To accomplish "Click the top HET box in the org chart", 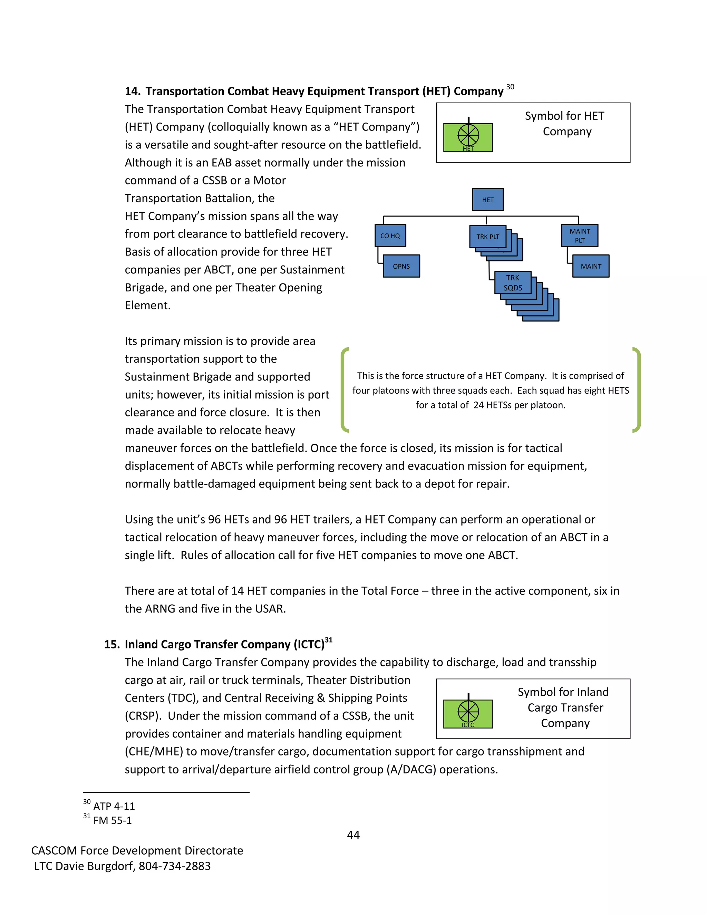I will click(x=487, y=200).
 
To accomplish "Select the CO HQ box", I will click(x=390, y=236).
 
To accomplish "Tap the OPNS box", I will click(x=401, y=266).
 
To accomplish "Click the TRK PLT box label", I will click(x=487, y=237).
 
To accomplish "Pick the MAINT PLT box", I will click(x=579, y=235).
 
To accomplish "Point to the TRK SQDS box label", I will click(x=512, y=283).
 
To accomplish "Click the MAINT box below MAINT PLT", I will click(x=591, y=266).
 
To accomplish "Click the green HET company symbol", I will click(x=468, y=137).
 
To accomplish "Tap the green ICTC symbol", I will click(x=468, y=714).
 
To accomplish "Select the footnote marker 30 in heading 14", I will click(x=510, y=87).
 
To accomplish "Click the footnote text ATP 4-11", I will click(x=114, y=806).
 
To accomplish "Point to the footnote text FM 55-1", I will click(x=112, y=820).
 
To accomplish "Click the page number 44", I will click(x=353, y=835).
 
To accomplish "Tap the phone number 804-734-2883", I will click(x=175, y=866).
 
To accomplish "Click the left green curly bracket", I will click(x=344, y=389).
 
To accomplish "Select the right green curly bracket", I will click(x=637, y=389).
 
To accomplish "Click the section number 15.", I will click(x=112, y=644).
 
